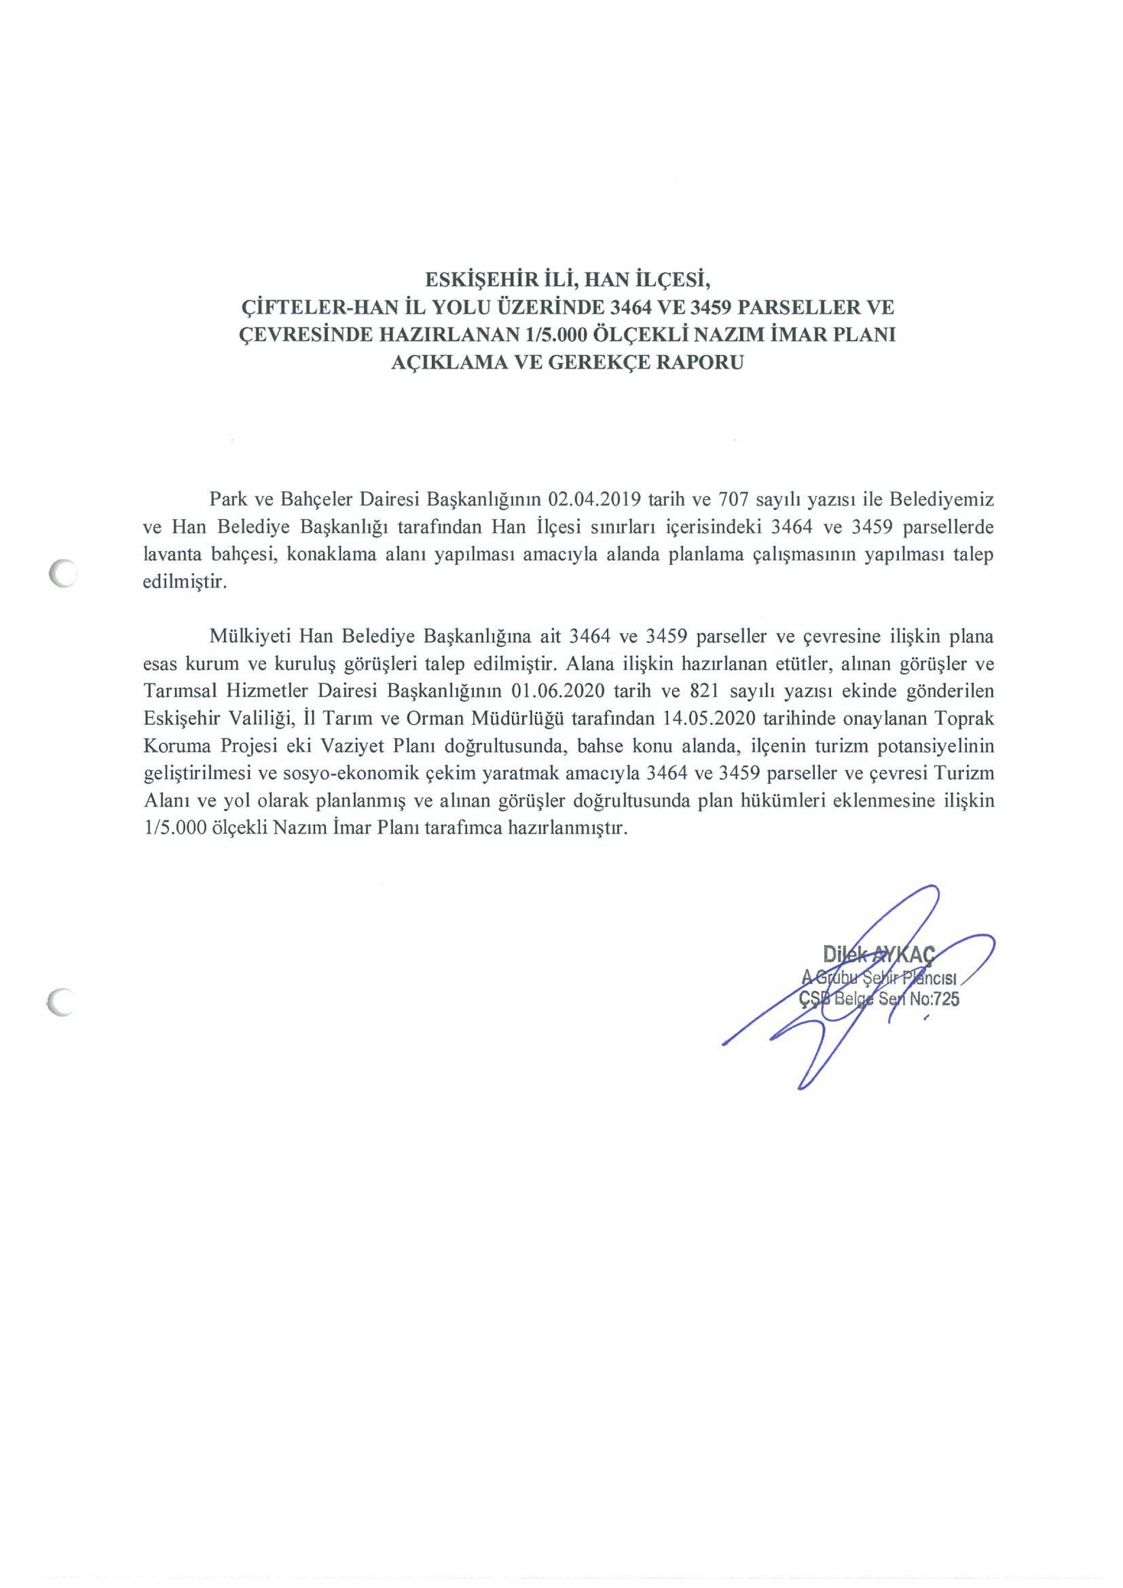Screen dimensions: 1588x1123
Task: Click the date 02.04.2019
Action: tap(595, 498)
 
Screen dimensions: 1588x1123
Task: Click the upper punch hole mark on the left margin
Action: tap(62, 573)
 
